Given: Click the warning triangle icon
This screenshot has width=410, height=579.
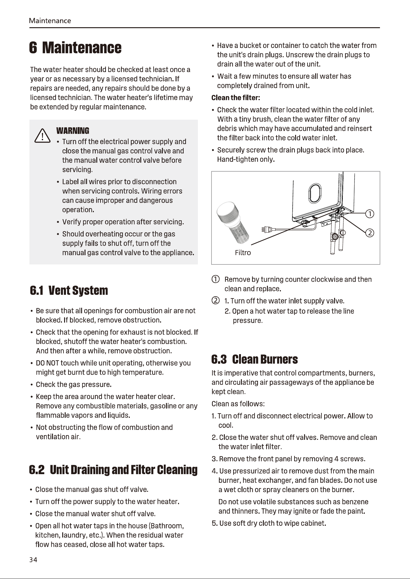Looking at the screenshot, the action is [x=42, y=135].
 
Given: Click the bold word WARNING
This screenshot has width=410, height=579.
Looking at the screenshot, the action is [x=72, y=131].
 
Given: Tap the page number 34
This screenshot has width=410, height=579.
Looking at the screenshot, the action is [x=33, y=560].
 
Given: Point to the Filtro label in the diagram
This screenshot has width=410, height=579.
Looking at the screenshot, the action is [x=243, y=253].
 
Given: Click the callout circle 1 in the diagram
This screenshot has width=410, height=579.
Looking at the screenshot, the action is [x=370, y=214].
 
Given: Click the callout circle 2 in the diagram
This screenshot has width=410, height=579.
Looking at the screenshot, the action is [x=370, y=233].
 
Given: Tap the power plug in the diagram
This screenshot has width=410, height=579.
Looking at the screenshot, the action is [x=268, y=229].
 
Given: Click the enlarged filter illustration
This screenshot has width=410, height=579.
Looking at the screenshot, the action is [x=233, y=223].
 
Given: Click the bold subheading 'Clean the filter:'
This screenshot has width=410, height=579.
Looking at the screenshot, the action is [x=236, y=98].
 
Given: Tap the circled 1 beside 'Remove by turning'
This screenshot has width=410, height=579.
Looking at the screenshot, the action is [x=216, y=279].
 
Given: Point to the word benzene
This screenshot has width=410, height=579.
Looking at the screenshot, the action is [x=355, y=502].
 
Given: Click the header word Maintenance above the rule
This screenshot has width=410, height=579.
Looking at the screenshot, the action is [x=50, y=21].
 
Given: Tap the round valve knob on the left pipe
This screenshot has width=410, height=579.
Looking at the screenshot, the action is [x=334, y=237].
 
